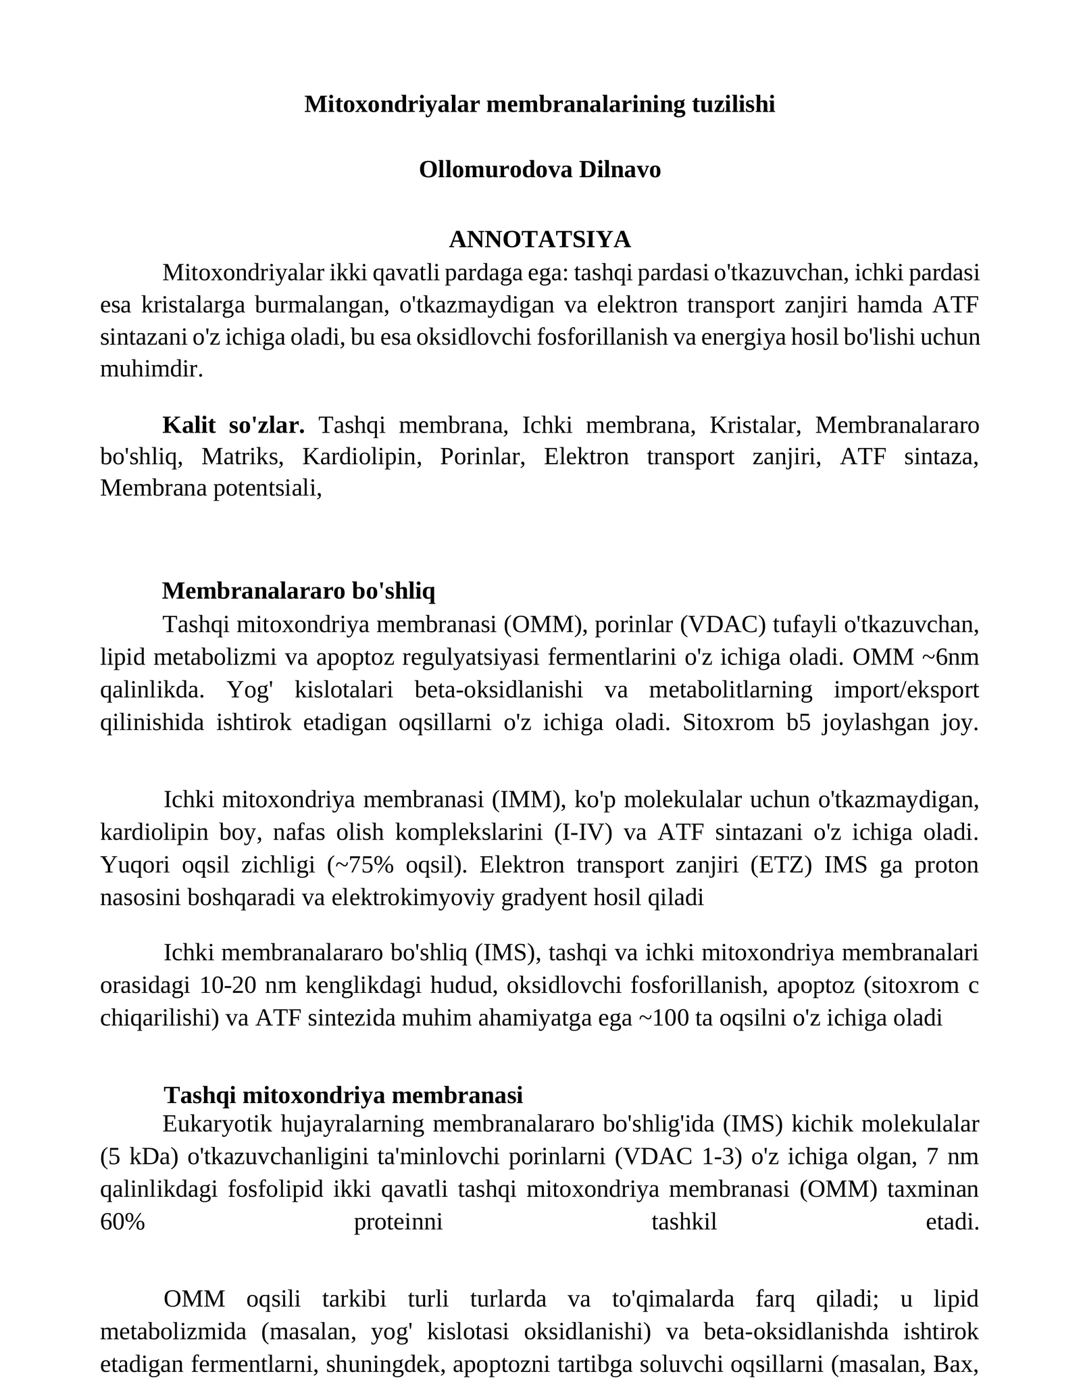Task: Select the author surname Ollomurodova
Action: pyautogui.click(x=496, y=170)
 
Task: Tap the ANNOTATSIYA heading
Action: pyautogui.click(x=540, y=239)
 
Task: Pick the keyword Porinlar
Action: pyautogui.click(x=482, y=457)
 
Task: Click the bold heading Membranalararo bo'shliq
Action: pyautogui.click(x=299, y=591)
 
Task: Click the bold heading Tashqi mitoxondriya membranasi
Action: pyautogui.click(x=343, y=1095)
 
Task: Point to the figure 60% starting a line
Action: pyautogui.click(x=122, y=1222)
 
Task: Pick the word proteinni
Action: pyautogui.click(x=398, y=1222)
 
